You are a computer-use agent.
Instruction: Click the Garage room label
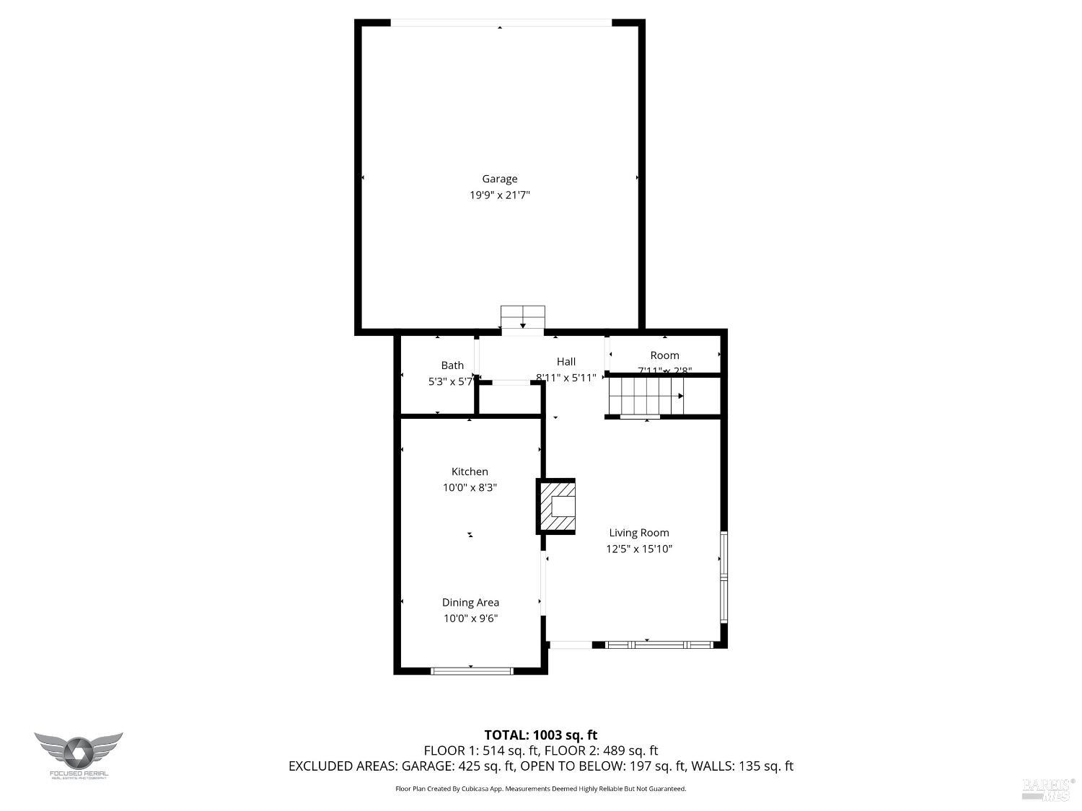click(499, 179)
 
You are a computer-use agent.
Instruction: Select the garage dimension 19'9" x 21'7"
click(499, 195)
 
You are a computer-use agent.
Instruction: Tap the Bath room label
click(452, 365)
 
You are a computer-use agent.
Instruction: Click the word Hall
click(566, 361)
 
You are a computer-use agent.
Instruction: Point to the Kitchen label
click(470, 471)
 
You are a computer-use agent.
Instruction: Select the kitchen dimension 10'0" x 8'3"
click(470, 487)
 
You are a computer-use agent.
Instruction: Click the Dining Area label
click(470, 603)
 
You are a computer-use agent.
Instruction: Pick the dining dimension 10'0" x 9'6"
click(470, 619)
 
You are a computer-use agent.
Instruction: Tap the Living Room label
click(639, 533)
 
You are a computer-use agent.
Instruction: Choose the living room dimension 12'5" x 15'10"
click(639, 549)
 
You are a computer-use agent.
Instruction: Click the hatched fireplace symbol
click(556, 506)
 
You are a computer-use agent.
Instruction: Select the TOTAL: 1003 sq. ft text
click(540, 735)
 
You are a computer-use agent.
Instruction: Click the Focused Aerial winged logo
click(78, 753)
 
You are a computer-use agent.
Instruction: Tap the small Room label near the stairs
click(664, 355)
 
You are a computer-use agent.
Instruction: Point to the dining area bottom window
click(471, 671)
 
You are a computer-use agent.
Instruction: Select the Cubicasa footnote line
click(540, 789)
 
